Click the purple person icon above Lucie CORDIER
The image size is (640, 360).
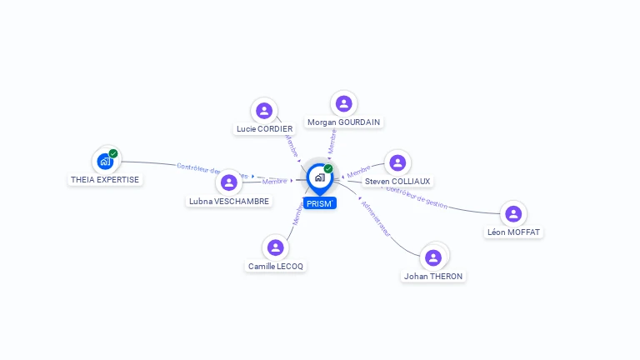pos(264,110)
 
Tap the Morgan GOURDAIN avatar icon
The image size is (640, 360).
pos(343,103)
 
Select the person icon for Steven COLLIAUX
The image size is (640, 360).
pos(397,162)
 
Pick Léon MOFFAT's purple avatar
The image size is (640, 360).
pos(513,213)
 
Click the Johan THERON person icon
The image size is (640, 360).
pos(433,257)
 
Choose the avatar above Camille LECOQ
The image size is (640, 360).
pos(276,247)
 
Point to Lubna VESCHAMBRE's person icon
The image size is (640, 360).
pos(228,182)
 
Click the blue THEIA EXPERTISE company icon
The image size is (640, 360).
pos(105,161)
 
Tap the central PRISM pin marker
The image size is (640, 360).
pos(319,177)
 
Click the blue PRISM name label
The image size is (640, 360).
pos(319,203)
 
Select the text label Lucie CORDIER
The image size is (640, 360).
pos(264,129)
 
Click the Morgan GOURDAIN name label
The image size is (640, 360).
pos(343,122)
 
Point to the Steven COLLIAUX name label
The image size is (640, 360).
pos(397,181)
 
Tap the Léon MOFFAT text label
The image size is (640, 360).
pos(513,232)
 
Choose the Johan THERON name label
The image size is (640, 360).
pos(433,276)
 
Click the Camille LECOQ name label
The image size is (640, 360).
pos(276,267)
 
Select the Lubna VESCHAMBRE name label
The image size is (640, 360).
pos(229,201)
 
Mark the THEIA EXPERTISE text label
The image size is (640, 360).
pos(105,179)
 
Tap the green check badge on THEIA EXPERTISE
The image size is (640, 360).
pos(113,153)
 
